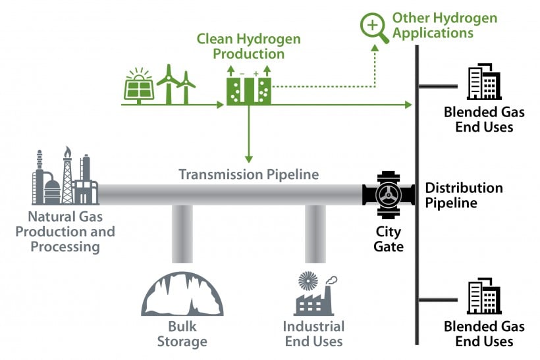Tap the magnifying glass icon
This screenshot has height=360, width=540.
click(x=373, y=27)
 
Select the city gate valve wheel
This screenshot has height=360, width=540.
click(x=389, y=195)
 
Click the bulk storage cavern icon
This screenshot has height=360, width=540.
click(x=182, y=294)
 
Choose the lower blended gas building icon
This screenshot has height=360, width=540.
click(x=484, y=296)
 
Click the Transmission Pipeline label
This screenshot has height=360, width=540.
click(x=249, y=174)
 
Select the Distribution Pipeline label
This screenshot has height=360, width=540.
click(x=464, y=195)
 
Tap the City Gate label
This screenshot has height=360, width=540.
click(x=389, y=239)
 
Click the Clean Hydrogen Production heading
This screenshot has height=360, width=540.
click(x=249, y=46)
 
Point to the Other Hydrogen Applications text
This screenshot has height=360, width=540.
click(x=445, y=25)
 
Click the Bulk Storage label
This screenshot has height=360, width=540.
click(x=182, y=334)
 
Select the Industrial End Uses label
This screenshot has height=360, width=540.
click(x=313, y=334)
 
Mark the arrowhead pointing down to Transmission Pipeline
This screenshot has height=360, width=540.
click(x=249, y=159)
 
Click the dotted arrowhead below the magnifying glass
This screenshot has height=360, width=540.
click(x=375, y=48)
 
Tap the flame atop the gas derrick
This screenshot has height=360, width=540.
click(x=67, y=151)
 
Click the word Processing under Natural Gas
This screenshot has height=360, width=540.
click(x=65, y=247)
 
